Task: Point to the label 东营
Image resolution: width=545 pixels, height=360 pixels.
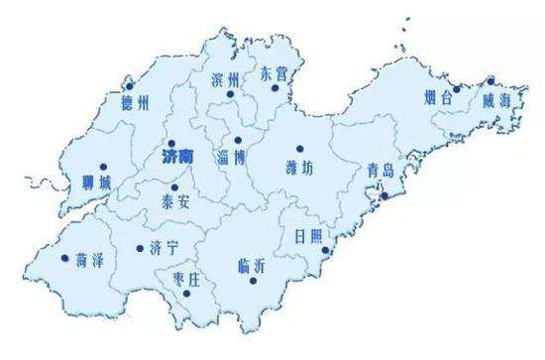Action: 275,74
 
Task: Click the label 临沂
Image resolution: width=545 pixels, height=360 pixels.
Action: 254,265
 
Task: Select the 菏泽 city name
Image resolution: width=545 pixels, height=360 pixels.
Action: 90,260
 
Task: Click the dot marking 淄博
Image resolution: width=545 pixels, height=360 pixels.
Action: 238,141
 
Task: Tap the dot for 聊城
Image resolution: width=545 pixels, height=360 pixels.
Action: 103,167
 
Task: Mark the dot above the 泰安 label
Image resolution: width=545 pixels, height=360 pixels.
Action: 175,186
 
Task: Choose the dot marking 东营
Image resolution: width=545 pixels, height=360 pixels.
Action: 276,90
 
